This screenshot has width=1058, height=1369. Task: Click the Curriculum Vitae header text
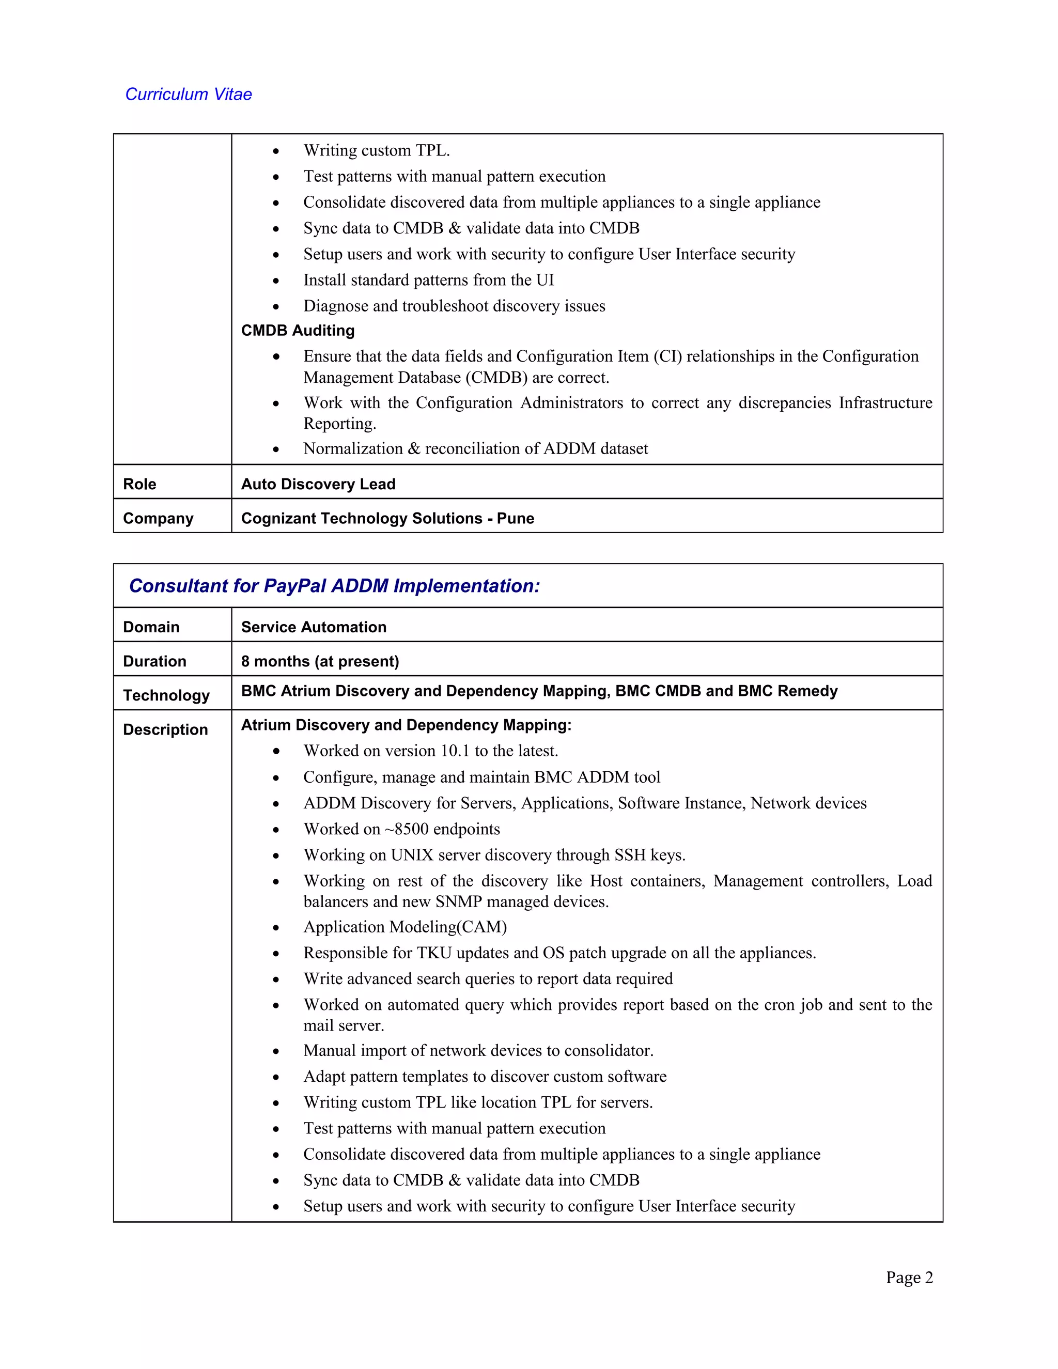tap(188, 95)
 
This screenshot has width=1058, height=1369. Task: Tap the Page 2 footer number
tap(909, 1278)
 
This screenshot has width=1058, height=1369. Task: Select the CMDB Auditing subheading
tap(298, 330)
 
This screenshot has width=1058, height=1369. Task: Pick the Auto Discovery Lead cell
tap(318, 484)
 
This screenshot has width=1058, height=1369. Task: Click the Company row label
tap(158, 518)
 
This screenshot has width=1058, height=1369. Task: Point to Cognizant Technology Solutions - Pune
tap(387, 518)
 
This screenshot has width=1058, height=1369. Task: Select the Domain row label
tap(151, 627)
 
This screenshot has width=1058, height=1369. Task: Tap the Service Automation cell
tap(314, 627)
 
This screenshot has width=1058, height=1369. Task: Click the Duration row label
tap(154, 661)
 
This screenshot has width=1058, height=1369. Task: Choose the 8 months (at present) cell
tap(320, 661)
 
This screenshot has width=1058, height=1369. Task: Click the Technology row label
tap(166, 695)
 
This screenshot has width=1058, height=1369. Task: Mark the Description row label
tap(165, 729)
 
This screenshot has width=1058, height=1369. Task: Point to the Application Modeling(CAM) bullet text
tap(405, 927)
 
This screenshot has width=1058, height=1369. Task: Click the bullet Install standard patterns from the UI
tap(429, 280)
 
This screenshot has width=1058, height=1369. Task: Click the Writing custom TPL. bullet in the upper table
tap(376, 150)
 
